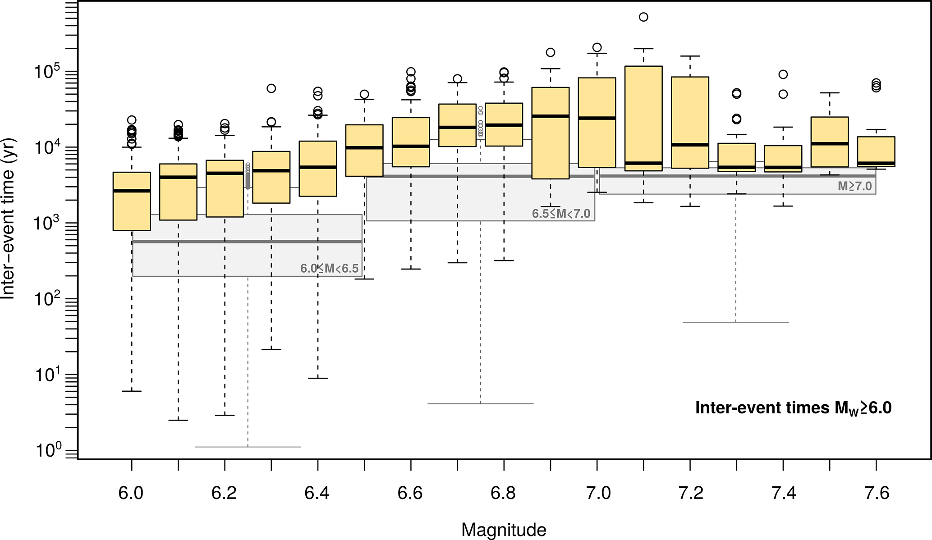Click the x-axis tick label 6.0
131,494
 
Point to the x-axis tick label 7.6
877,494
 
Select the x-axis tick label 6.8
503,494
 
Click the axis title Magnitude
504,530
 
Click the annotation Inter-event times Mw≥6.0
793,408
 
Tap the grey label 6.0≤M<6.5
329,269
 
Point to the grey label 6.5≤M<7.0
561,214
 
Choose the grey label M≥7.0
854,186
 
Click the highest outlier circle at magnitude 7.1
643,17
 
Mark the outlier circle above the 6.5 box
364,94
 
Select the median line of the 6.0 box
132,191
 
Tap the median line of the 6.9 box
551,116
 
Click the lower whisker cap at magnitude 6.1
178,420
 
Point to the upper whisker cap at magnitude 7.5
830,93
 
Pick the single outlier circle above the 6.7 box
457,79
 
